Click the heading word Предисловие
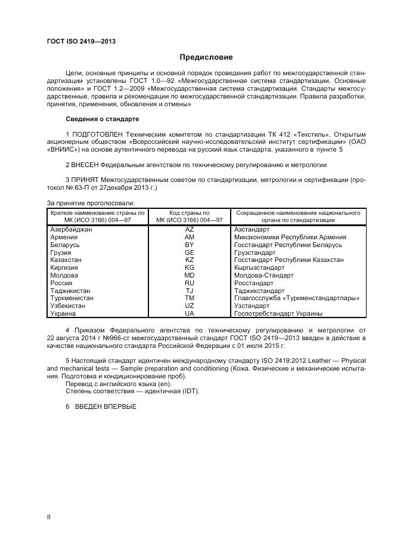point(206,57)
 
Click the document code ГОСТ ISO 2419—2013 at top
point(80,41)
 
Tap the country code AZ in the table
point(190,230)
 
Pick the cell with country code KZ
point(190,261)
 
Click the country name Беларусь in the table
point(65,245)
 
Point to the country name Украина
point(63,314)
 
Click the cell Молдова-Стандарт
point(263,276)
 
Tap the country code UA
point(190,314)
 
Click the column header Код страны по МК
point(190,217)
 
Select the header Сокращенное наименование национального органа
point(298,217)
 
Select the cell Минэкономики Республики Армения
point(290,238)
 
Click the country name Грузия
point(61,253)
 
